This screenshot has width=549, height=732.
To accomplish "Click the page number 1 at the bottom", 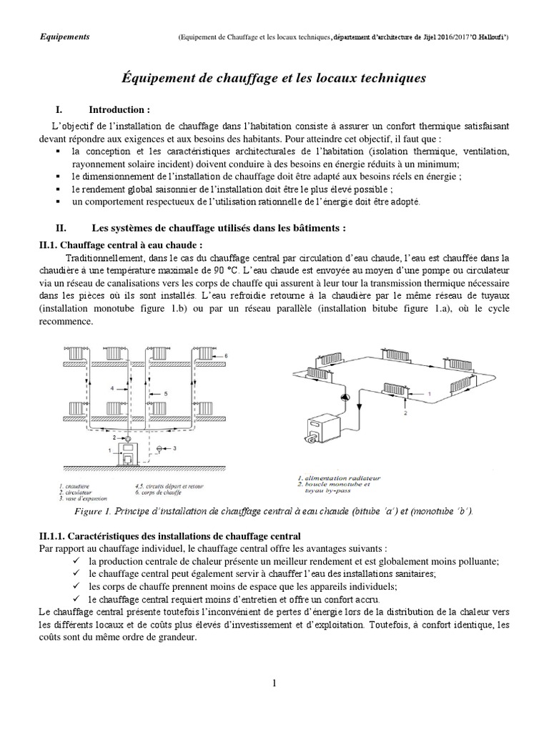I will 274,684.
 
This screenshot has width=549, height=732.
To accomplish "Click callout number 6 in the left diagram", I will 227,355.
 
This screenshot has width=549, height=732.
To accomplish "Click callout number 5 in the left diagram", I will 165,394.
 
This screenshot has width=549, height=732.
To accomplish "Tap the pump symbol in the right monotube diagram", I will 342,396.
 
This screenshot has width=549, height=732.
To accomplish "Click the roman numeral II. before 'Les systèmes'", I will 61,229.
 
